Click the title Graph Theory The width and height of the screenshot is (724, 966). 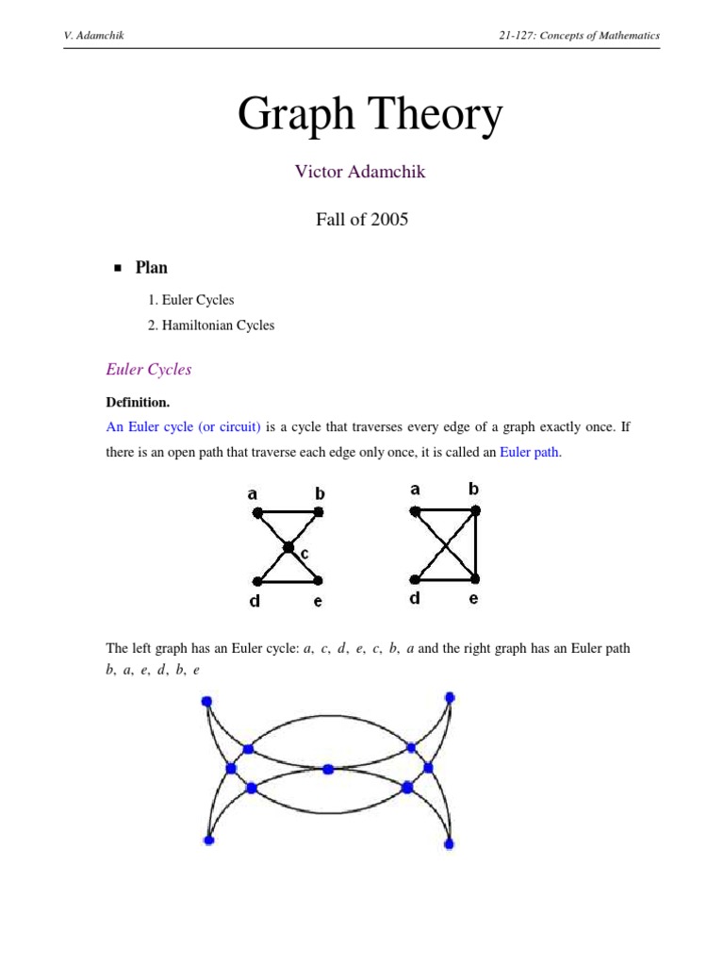point(370,116)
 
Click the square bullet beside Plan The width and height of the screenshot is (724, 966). point(118,269)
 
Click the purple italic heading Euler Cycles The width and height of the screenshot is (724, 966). point(149,370)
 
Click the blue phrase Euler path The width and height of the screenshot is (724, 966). point(530,452)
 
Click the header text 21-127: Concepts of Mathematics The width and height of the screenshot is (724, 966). point(580,36)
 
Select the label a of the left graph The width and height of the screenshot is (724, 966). point(253,492)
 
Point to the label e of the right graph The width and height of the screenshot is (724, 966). point(473,598)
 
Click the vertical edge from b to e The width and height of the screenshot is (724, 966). point(475,544)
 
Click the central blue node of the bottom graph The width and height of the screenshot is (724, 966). point(328,769)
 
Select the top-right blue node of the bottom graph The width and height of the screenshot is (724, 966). point(450,697)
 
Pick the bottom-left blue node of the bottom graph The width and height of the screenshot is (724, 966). point(208,840)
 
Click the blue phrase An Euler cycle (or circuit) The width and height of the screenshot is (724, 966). point(183,426)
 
